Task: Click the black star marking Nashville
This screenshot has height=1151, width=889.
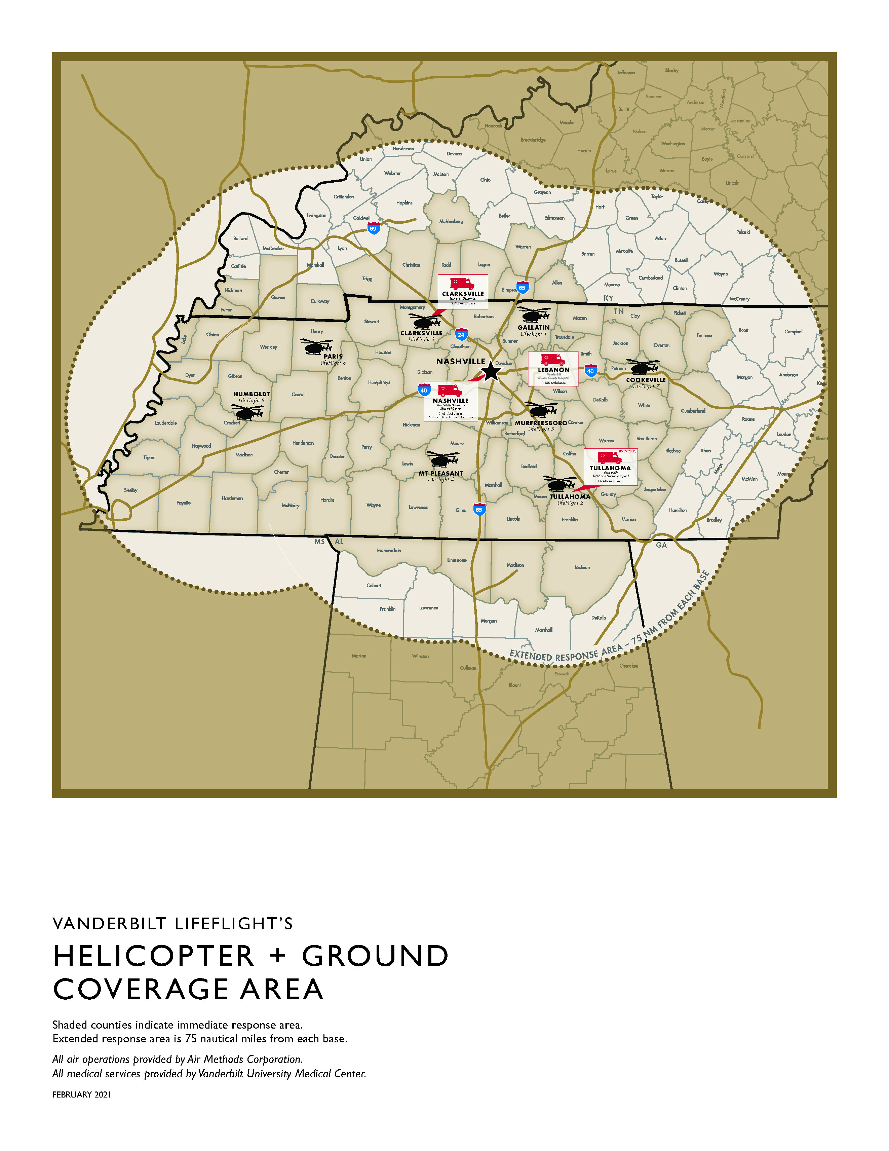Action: pyautogui.click(x=491, y=371)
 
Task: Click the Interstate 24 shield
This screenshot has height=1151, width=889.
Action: pyautogui.click(x=461, y=335)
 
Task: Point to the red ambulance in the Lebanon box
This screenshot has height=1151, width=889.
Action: pyautogui.click(x=553, y=360)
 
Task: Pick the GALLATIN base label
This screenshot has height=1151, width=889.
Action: pyautogui.click(x=533, y=327)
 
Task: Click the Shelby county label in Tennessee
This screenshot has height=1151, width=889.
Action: pyautogui.click(x=131, y=490)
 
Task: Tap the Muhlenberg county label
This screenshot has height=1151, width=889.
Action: pyautogui.click(x=451, y=221)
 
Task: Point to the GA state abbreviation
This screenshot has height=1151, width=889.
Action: pyautogui.click(x=661, y=545)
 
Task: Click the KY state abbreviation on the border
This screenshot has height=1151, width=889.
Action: pyautogui.click(x=608, y=298)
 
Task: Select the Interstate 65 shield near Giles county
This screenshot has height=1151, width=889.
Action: pyautogui.click(x=479, y=510)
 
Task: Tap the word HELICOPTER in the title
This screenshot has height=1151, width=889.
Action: pyautogui.click(x=154, y=956)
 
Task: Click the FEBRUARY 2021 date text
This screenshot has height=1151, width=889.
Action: pyautogui.click(x=82, y=1094)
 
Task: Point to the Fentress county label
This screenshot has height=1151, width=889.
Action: pyautogui.click(x=704, y=335)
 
